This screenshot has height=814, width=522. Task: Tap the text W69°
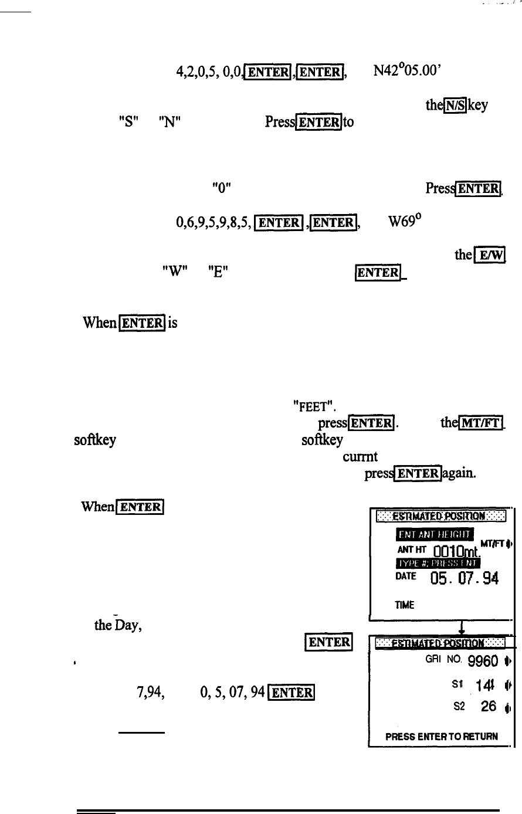click(x=405, y=221)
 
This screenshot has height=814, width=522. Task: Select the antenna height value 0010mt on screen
click(x=457, y=550)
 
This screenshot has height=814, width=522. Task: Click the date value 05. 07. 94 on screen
click(x=464, y=579)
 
